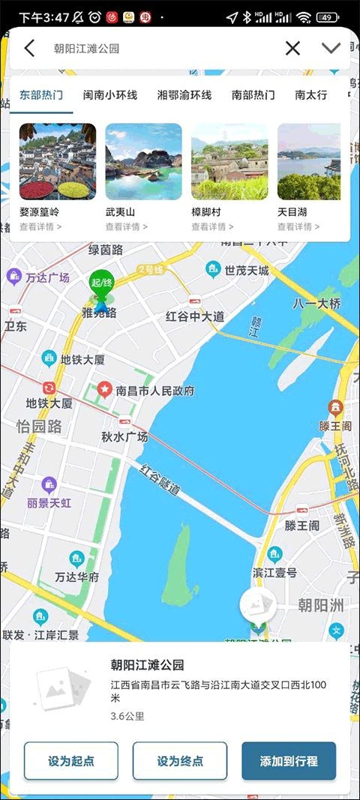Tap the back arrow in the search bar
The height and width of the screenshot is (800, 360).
pos(29,49)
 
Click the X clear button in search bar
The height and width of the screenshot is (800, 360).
pos(292,49)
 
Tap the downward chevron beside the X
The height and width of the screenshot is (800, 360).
pos(331,49)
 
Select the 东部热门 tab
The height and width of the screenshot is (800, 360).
pos(41,95)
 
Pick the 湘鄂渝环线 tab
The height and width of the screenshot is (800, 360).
pos(184,95)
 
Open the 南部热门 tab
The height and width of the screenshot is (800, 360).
pos(253,95)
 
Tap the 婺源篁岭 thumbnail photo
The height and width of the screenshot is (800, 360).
pos(58,162)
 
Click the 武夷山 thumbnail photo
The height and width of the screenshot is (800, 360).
pos(143,162)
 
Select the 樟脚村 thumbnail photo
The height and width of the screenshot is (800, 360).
pos(229,162)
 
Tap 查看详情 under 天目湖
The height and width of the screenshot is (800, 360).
pos(298,227)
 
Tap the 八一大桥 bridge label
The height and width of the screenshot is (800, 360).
pos(316,304)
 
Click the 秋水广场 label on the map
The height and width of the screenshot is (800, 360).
pos(124,437)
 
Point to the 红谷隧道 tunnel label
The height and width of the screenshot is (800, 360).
pos(160,480)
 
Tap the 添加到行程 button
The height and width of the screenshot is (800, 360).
pos(289,761)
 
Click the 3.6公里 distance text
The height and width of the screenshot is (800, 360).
pos(127,716)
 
